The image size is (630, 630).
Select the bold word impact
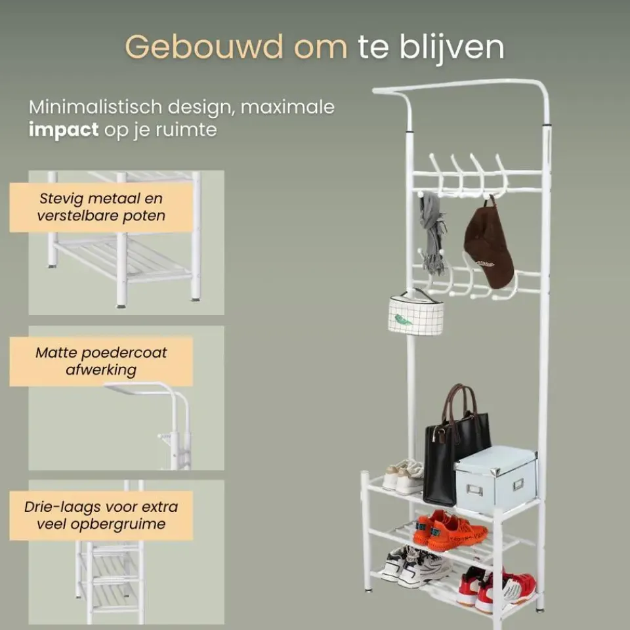pyautogui.click(x=63, y=129)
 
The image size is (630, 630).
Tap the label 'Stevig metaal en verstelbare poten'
pyautogui.click(x=101, y=207)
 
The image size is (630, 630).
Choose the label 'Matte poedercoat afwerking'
pyautogui.click(x=101, y=361)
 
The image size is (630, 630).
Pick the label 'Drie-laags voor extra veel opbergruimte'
pyautogui.click(x=101, y=515)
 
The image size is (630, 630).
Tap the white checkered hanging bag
pyautogui.click(x=415, y=314)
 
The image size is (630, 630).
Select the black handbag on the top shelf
pyautogui.click(x=454, y=459)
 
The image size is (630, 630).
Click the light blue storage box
pyautogui.click(x=495, y=479)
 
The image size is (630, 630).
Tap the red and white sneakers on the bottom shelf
pyautogui.click(x=495, y=586)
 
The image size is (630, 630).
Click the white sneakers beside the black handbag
pyautogui.click(x=403, y=476)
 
